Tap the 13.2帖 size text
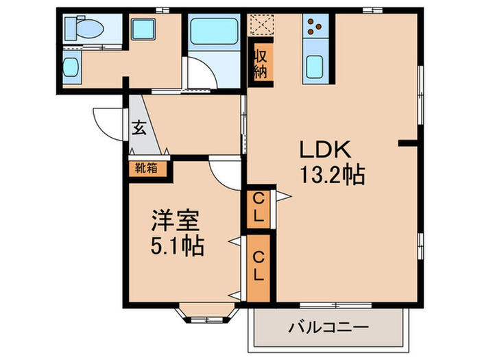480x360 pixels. (331, 176)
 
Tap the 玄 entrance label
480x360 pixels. (139, 128)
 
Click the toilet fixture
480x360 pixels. (83, 29)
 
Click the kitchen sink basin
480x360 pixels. (316, 67)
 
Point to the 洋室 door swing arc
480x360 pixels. (225, 169)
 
